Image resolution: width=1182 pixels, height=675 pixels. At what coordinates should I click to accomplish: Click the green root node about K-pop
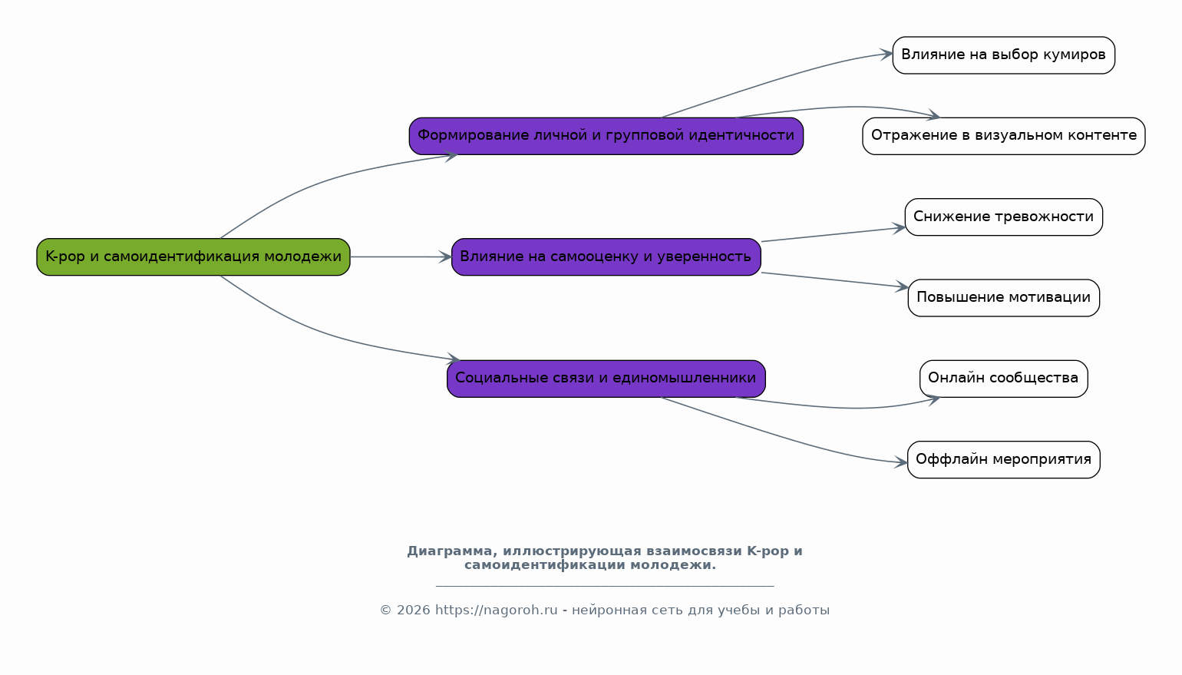point(193,256)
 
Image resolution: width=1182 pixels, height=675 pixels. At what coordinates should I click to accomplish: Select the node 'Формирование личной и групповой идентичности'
point(606,136)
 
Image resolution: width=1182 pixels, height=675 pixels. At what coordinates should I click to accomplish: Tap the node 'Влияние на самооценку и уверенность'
point(606,256)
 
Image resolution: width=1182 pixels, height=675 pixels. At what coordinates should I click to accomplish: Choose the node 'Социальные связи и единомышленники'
point(606,378)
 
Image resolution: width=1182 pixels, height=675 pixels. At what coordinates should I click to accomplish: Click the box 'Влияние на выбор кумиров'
point(1003,55)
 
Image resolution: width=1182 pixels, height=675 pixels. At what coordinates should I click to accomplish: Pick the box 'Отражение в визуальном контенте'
point(1003,136)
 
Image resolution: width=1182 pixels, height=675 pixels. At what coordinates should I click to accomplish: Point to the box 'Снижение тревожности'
point(1003,217)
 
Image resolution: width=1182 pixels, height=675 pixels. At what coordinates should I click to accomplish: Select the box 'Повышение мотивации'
point(1003,298)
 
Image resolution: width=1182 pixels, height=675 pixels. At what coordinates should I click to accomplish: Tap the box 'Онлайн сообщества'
point(1003,379)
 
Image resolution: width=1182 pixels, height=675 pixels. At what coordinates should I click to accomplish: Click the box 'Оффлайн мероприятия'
point(1003,459)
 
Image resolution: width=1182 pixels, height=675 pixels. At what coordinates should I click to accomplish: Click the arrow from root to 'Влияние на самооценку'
point(399,256)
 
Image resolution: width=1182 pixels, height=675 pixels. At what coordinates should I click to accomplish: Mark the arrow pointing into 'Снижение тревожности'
point(833,234)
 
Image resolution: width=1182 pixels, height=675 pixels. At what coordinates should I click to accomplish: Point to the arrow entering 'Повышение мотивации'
point(833,280)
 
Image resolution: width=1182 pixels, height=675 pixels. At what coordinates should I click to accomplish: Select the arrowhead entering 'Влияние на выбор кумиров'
point(886,54)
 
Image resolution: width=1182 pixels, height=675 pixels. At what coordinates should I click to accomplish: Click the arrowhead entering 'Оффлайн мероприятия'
point(901,462)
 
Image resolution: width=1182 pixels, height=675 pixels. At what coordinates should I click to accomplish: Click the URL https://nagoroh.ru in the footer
point(496,610)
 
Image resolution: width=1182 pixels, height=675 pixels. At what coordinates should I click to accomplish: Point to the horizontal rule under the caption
point(605,586)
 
